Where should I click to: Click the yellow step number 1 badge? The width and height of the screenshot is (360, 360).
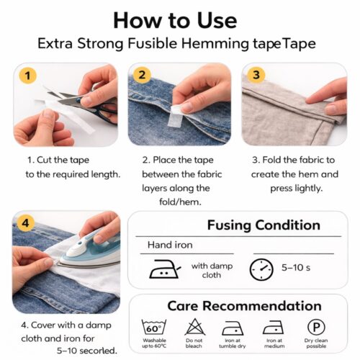coord(27,75)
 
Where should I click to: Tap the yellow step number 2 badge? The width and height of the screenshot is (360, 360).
coord(142,75)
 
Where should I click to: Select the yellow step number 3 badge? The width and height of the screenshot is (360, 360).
coord(256,75)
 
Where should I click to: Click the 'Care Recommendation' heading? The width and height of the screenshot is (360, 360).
coord(244,305)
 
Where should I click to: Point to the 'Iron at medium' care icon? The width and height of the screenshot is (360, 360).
coord(274,327)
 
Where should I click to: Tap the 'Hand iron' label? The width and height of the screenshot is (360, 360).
coord(170,245)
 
